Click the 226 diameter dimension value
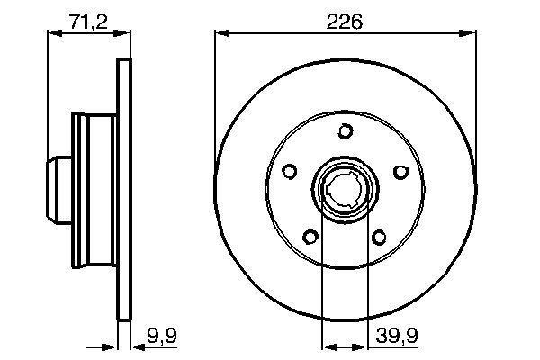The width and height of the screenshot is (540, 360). pyautogui.click(x=346, y=22)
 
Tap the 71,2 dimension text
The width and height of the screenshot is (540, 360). pyautogui.click(x=88, y=22)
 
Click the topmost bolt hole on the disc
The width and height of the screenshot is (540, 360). pyautogui.click(x=346, y=132)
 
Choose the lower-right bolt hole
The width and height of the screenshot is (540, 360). pyautogui.click(x=379, y=238)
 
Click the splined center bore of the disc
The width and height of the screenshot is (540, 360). pyautogui.click(x=346, y=191)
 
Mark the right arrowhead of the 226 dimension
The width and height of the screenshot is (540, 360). pyautogui.click(x=471, y=35)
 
